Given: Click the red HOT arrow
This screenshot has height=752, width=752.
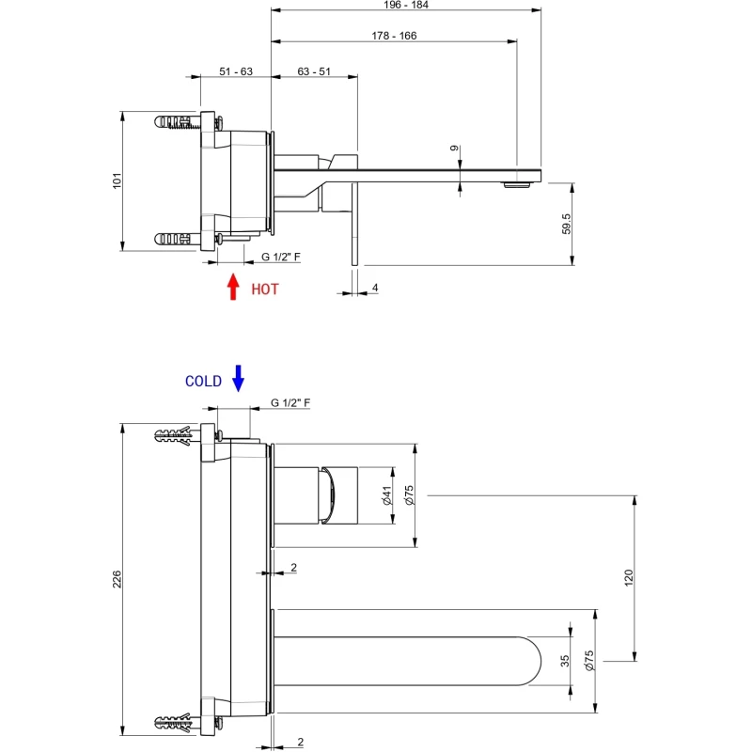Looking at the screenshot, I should [233, 286].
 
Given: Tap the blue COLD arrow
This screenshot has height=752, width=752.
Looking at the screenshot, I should [238, 377].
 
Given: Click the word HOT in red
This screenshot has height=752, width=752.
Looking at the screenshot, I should [265, 290].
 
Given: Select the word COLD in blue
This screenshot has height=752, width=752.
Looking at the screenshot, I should [203, 382].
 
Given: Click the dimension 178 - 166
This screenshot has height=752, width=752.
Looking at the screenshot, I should [394, 36].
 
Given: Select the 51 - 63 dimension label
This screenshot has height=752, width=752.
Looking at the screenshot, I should [236, 71].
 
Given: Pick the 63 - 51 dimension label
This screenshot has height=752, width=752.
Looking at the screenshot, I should [313, 71].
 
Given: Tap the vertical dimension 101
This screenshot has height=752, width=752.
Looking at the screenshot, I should [117, 180].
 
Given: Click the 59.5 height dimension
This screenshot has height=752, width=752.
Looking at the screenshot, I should [566, 224].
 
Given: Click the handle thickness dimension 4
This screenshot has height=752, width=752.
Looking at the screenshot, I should [374, 288].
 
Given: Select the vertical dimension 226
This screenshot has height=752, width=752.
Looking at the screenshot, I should [117, 580].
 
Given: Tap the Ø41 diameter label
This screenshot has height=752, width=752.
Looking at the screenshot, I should [386, 495].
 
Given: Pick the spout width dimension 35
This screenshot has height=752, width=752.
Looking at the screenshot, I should [565, 661].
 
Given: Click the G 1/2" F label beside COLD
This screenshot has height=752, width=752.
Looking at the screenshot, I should [290, 402].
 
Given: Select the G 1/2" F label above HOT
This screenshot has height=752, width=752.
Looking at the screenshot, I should [281, 257].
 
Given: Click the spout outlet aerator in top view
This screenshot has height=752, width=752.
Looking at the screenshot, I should [518, 185].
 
